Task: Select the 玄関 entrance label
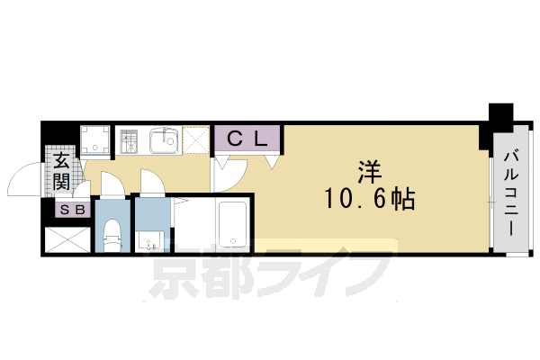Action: [x=62, y=171]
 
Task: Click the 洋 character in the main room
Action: [x=367, y=170]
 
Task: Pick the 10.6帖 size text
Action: [x=368, y=200]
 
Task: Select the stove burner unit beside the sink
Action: [x=130, y=141]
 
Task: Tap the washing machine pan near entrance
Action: [x=95, y=140]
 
